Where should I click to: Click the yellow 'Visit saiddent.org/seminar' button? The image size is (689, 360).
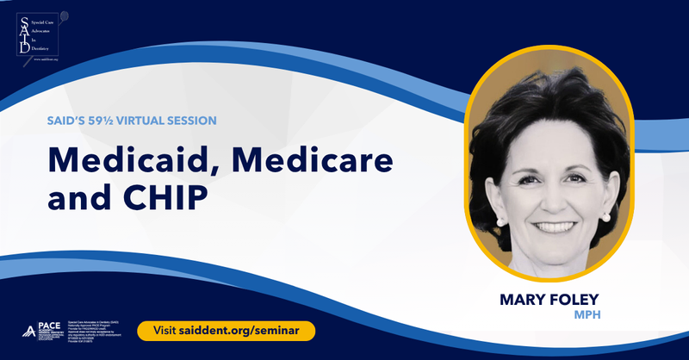[226, 331]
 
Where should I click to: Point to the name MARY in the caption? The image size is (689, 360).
[528, 301]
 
